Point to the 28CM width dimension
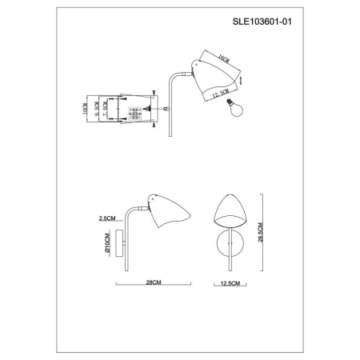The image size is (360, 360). (x=155, y=283)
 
